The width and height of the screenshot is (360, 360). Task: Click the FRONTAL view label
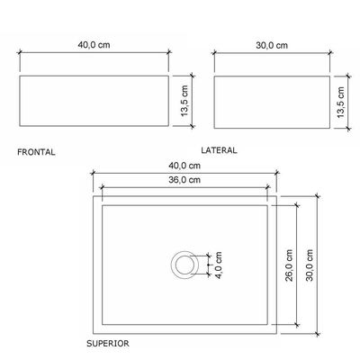coord(36,152)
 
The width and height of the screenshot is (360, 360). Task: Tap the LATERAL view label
coord(219,150)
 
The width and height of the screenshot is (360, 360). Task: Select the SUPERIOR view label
coord(108,344)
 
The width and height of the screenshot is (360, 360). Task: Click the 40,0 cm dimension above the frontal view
coord(94,45)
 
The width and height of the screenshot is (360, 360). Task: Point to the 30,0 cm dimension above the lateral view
coord(272,45)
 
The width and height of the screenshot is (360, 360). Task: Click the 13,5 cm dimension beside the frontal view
coord(184,101)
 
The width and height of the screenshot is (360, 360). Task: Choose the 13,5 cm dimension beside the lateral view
coord(340,102)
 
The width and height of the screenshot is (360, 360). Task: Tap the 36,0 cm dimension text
coord(184,180)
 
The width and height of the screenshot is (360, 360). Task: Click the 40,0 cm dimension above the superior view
coord(184,166)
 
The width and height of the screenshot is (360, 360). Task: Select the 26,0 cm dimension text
coord(289,265)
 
